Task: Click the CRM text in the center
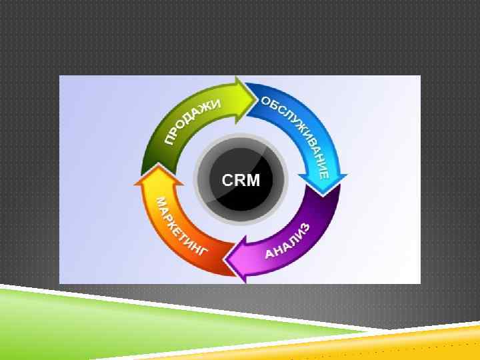tap(240, 180)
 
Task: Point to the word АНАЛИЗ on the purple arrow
tap(287, 241)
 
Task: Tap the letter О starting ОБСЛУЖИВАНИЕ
tap(265, 101)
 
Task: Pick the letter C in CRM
tap(227, 180)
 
